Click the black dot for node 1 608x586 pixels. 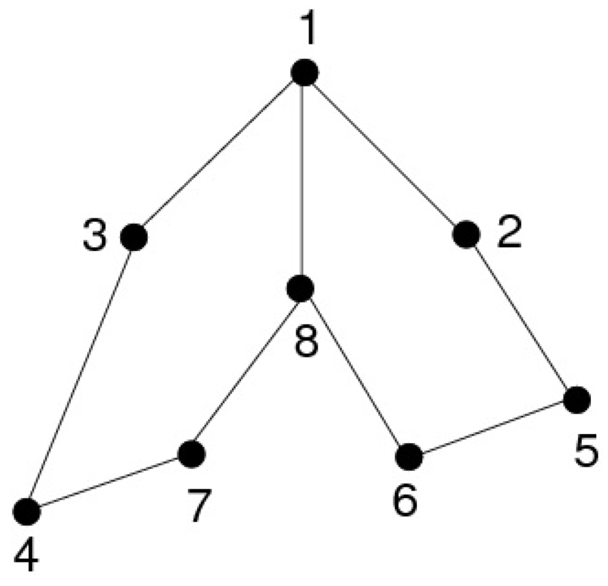point(305,72)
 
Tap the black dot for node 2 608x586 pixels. point(465,235)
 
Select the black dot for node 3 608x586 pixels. point(134,238)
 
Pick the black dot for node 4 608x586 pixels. point(27,511)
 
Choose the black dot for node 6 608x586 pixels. point(408,457)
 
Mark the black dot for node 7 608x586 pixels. point(192,454)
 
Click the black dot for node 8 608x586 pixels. point(300,289)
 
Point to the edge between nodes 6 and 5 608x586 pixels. point(493,428)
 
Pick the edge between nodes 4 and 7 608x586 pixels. point(109,482)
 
